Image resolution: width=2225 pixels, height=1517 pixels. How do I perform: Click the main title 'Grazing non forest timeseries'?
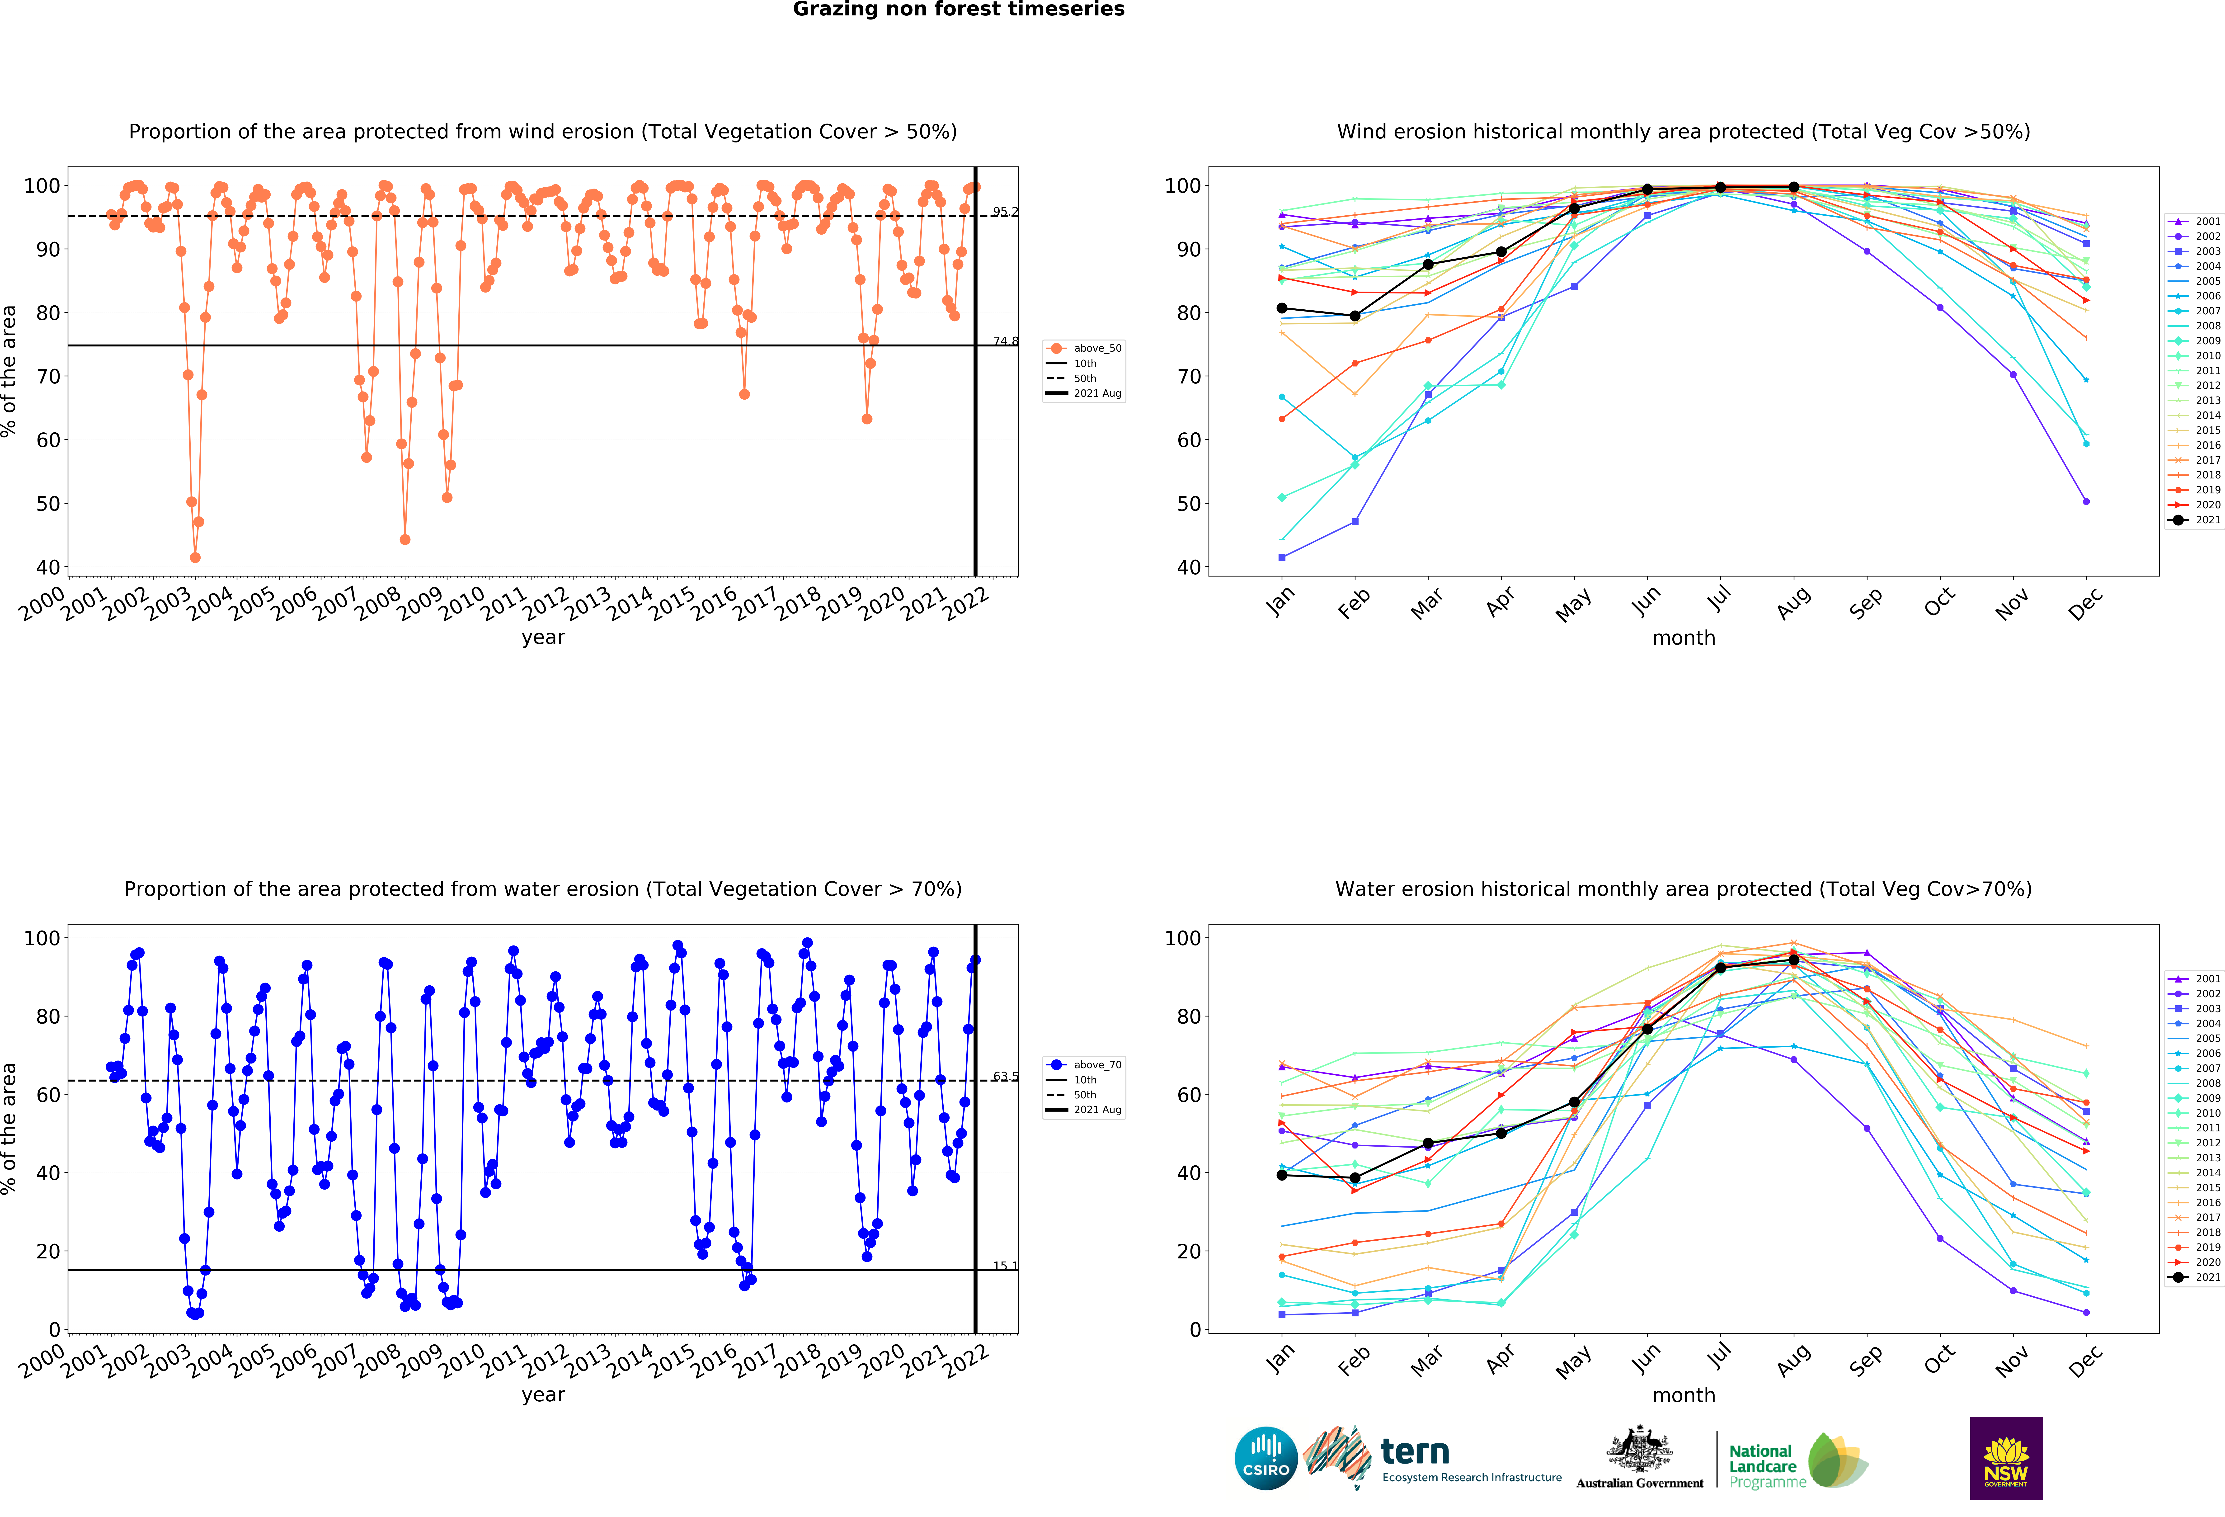click(958, 9)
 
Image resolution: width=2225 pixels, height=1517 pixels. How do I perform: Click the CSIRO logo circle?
click(1266, 1459)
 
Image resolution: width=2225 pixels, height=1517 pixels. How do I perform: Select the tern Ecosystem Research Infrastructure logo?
click(1431, 1459)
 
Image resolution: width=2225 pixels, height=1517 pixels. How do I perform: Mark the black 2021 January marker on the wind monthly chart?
click(1282, 308)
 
